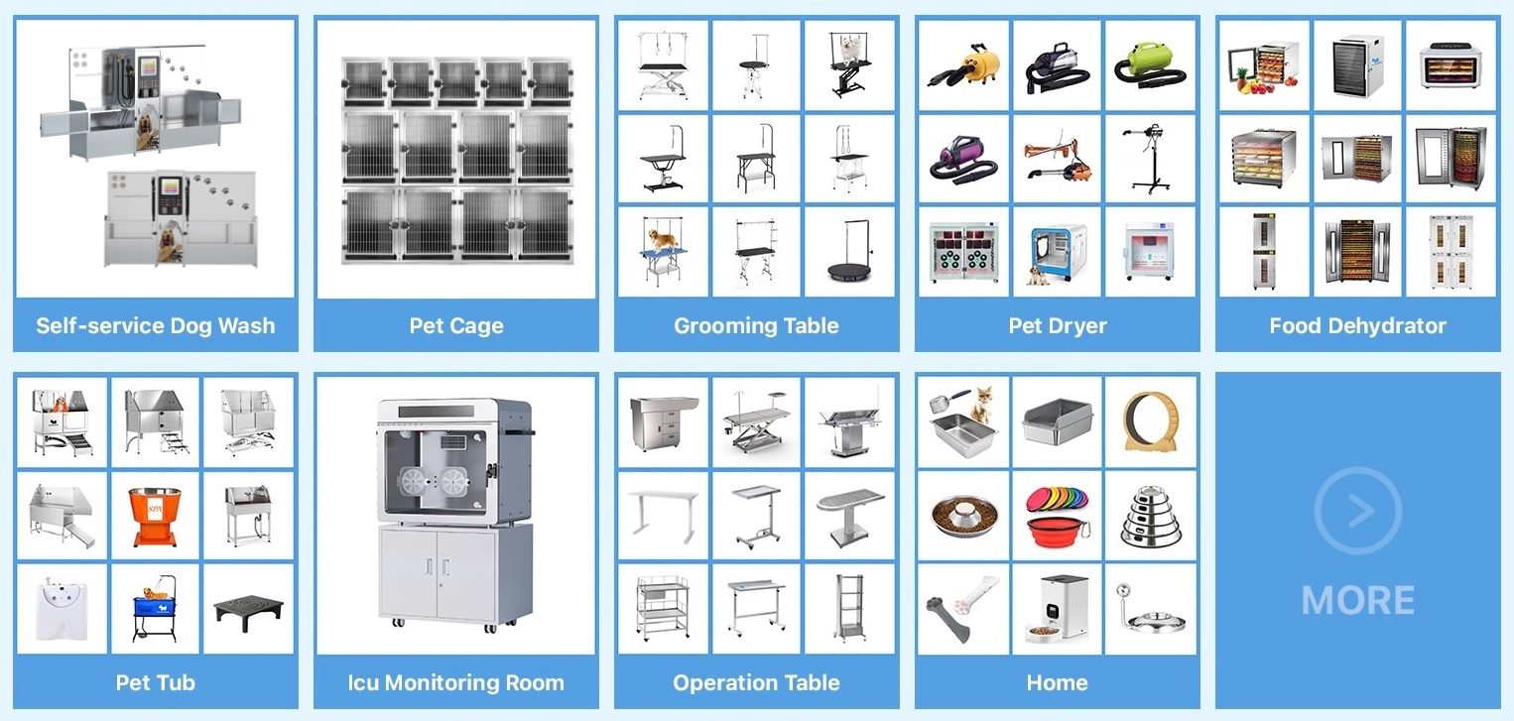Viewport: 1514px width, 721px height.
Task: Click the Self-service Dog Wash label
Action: click(155, 326)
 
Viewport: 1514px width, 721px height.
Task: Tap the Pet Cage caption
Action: click(456, 326)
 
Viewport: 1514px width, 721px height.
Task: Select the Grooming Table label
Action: click(756, 326)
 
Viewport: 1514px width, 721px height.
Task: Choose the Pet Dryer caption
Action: click(1057, 326)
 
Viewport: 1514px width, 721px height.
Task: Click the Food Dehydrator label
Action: click(1357, 326)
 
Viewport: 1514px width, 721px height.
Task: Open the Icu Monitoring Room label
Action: click(456, 683)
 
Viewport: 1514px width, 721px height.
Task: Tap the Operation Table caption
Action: click(756, 683)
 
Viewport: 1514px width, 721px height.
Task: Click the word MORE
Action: click(1357, 601)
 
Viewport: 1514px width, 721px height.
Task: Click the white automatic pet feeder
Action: click(1057, 607)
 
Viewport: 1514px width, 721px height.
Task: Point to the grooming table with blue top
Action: click(663, 254)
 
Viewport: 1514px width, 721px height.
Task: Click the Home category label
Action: click(1057, 683)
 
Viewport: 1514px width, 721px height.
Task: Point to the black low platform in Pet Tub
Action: click(248, 607)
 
